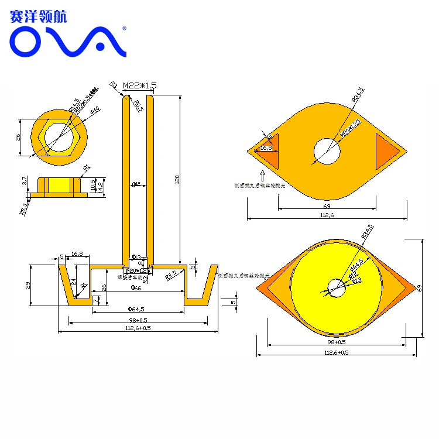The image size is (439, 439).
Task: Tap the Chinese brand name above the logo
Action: tap(39, 16)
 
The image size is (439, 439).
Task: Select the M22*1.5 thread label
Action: tap(139, 85)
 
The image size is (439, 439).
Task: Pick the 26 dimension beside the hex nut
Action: tap(18, 136)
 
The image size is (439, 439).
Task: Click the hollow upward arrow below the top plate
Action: tap(263, 174)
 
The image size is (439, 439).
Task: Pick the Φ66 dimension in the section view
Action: tap(136, 288)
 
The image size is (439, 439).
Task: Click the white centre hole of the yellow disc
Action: tap(336, 287)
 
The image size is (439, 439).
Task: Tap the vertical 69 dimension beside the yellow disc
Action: tap(419, 287)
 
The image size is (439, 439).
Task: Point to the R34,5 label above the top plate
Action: tap(358, 95)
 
